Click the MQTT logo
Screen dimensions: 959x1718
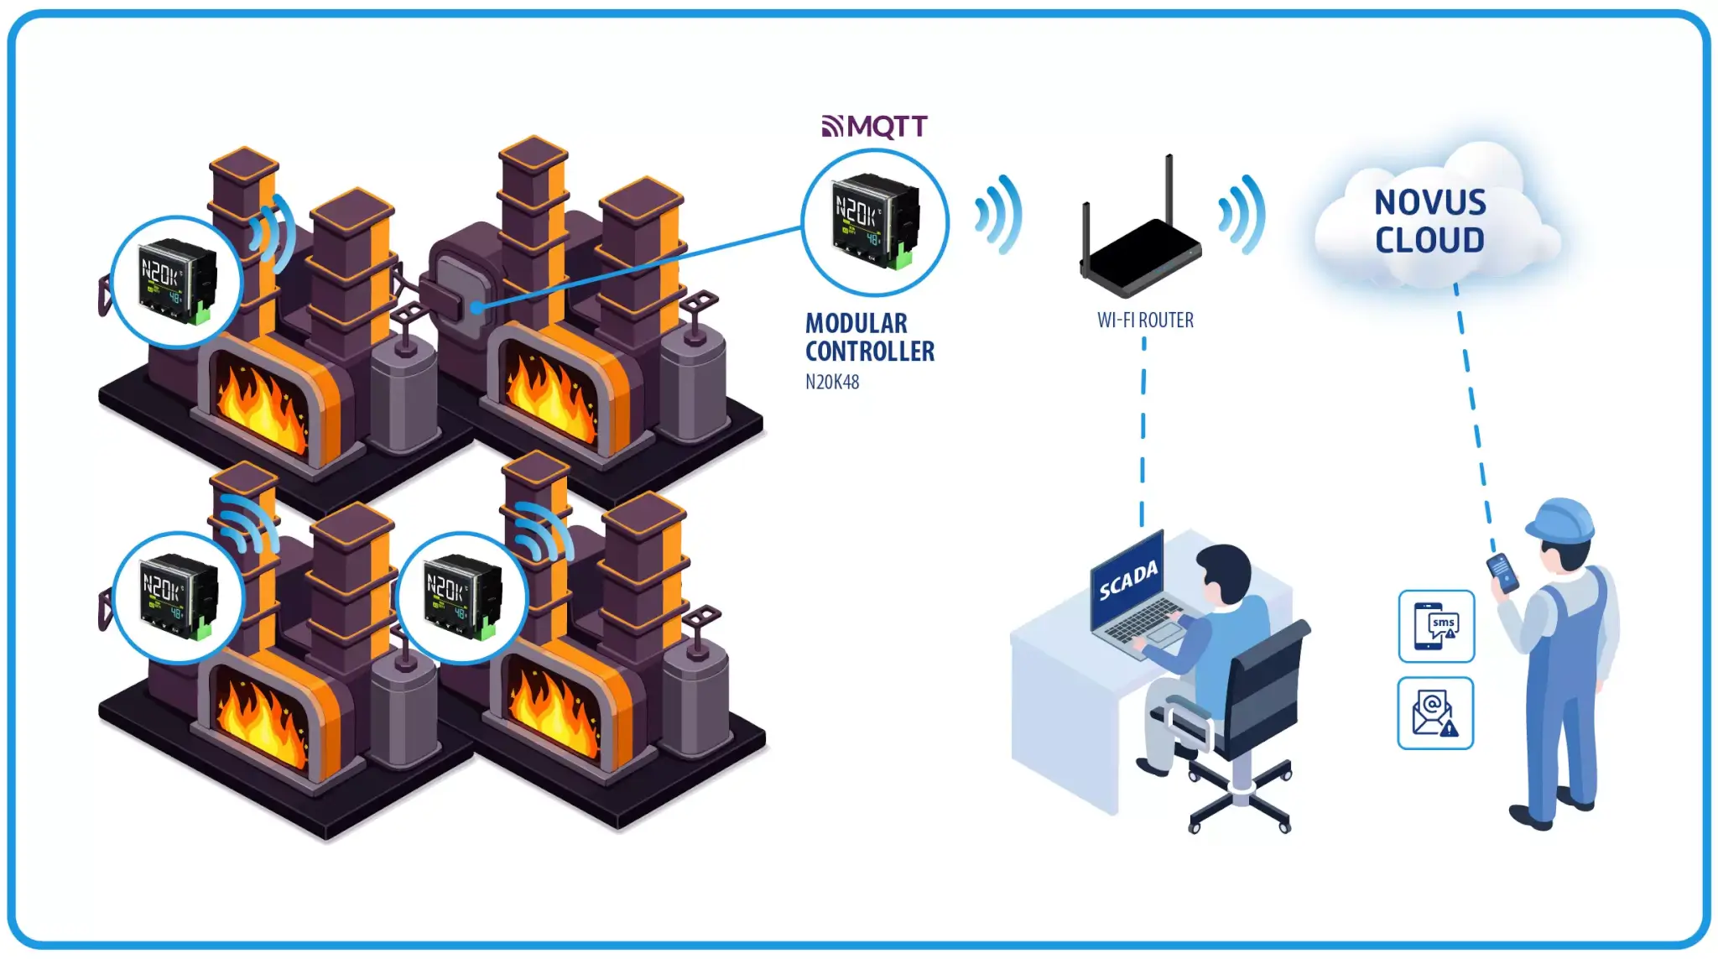point(874,126)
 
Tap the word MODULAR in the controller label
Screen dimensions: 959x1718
point(856,323)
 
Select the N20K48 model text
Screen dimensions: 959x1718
point(832,383)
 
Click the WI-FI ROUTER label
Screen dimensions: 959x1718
point(1145,321)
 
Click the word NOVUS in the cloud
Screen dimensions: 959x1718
point(1429,202)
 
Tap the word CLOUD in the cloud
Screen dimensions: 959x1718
point(1429,241)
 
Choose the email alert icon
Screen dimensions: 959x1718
point(1435,713)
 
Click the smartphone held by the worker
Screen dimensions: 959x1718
point(1502,572)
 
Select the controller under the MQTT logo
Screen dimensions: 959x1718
point(875,222)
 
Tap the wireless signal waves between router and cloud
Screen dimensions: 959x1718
point(1242,215)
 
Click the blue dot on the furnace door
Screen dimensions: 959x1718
point(476,307)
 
